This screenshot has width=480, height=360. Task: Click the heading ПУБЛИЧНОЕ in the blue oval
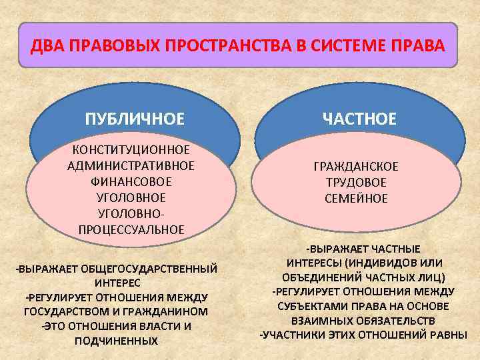(x=135, y=119)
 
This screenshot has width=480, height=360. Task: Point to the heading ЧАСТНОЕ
(x=359, y=119)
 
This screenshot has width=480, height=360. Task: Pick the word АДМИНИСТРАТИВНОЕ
(x=131, y=165)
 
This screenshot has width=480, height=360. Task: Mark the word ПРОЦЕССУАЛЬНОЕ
(x=131, y=229)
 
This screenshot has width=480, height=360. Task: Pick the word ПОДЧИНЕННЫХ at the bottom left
(x=117, y=341)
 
